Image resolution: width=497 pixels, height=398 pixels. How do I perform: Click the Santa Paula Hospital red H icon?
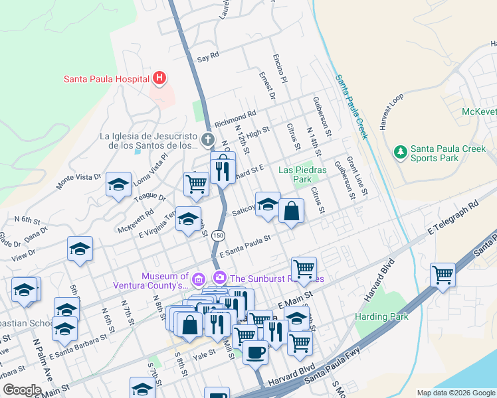159,79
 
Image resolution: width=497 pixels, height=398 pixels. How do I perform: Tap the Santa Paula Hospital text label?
106,79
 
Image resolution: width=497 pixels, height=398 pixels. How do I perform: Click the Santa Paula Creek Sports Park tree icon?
400,153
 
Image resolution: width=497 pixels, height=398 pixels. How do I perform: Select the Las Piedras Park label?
303,174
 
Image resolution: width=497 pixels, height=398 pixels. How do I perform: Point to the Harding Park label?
381,316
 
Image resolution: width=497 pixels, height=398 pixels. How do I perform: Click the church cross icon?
208,140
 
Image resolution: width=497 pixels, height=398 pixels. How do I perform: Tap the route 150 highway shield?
217,235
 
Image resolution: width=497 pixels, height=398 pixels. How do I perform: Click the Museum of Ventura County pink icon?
199,277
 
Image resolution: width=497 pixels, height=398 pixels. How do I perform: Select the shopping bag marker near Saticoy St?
291,212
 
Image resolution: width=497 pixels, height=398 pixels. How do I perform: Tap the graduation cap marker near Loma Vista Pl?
118,185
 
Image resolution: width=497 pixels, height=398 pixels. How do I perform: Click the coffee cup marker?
255,352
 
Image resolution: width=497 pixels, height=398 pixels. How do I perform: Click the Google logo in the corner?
22,390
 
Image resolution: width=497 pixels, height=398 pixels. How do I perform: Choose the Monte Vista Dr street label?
79,181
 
